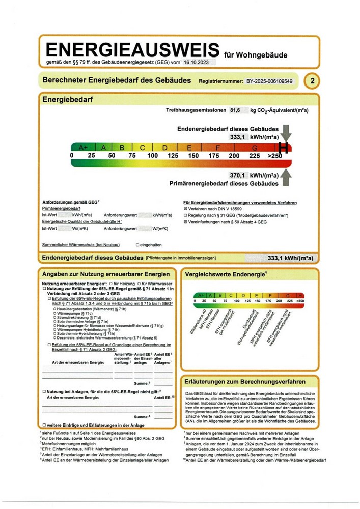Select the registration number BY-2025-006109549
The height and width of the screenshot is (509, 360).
(269, 81)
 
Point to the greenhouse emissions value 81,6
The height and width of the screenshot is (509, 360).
(235, 110)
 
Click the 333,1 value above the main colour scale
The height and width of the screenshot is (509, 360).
(238, 137)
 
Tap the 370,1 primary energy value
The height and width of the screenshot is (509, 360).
(238, 175)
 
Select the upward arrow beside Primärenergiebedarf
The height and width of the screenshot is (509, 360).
(287, 178)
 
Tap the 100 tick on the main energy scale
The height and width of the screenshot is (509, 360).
(153, 155)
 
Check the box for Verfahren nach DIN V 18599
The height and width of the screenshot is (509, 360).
(185, 209)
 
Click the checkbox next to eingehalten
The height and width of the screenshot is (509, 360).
(137, 245)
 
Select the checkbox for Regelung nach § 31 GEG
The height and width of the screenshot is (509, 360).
(185, 215)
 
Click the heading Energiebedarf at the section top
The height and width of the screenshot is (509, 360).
(67, 100)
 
